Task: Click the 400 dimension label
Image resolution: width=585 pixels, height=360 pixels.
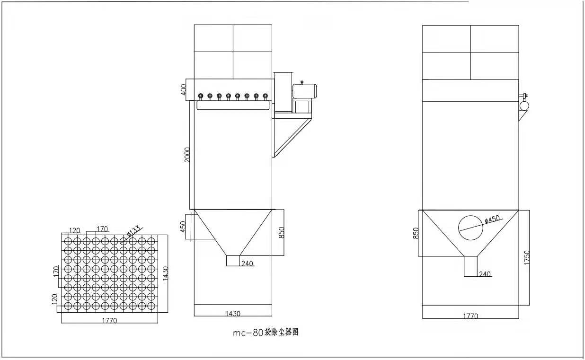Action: (184, 89)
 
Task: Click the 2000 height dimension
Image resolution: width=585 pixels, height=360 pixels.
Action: (187, 155)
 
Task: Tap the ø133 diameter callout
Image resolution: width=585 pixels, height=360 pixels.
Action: (133, 230)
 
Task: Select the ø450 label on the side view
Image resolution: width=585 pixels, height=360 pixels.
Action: (492, 219)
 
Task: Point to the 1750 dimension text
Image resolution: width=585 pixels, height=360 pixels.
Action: (527, 257)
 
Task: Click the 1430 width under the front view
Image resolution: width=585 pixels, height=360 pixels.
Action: (233, 313)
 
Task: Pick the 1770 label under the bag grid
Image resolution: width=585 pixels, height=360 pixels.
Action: (109, 320)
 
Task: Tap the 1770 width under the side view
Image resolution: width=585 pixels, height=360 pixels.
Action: (470, 316)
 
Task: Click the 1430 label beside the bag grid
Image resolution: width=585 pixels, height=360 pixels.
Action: (166, 273)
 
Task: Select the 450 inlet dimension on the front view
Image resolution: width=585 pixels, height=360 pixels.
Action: (183, 227)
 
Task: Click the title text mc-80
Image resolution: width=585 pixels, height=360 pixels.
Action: (248, 333)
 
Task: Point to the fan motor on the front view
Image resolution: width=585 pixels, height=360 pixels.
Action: (304, 91)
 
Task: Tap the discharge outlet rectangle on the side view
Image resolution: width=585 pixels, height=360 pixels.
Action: (470, 266)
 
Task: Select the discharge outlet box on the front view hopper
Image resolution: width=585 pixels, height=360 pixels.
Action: (233, 261)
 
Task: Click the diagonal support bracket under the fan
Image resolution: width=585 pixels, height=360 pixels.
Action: (293, 137)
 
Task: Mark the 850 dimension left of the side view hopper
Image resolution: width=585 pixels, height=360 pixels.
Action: (416, 233)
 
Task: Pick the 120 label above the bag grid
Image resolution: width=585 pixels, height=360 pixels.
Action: (74, 230)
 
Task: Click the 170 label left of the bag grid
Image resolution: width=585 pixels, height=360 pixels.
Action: (56, 272)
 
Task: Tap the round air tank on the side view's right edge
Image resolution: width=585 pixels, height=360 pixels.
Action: (524, 105)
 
